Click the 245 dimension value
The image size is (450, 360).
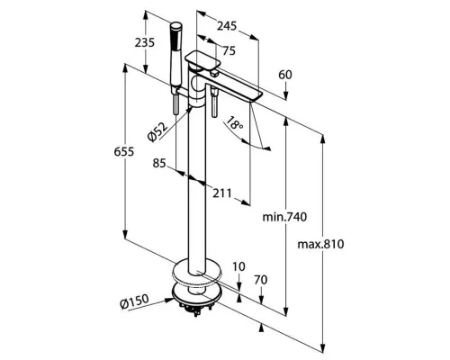(227, 26)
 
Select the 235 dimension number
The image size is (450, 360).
(144, 42)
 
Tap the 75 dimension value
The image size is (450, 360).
(229, 51)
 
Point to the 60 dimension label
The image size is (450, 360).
(285, 75)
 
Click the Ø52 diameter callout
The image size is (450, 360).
(157, 131)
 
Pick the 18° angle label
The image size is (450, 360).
(234, 123)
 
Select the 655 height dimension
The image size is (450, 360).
(123, 152)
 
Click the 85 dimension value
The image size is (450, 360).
(159, 164)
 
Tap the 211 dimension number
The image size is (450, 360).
(222, 193)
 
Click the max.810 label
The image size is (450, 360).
(320, 244)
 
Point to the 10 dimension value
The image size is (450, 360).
(238, 266)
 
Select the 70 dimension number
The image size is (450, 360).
(261, 280)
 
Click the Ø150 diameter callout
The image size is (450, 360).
(134, 301)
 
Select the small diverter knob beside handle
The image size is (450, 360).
(214, 73)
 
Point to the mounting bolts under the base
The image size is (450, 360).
(196, 308)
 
